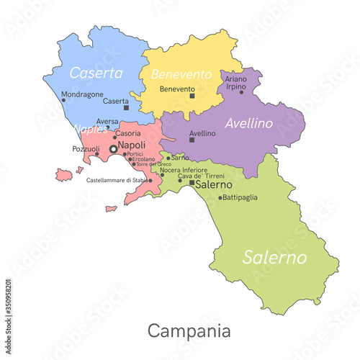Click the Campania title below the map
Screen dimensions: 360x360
[189, 331]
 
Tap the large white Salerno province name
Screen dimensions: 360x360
[274, 257]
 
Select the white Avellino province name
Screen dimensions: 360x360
[248, 123]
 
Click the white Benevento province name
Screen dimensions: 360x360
[181, 74]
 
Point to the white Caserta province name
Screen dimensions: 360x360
[95, 73]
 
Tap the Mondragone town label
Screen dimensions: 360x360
[83, 94]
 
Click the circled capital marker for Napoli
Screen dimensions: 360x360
[113, 148]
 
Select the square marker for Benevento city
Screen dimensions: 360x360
[192, 95]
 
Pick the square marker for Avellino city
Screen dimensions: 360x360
[192, 140]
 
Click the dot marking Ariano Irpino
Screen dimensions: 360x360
[241, 92]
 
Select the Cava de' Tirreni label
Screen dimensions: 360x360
[201, 176]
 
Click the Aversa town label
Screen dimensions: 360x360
[107, 122]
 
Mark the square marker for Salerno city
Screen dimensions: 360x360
[192, 183]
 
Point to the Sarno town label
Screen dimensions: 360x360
[180, 157]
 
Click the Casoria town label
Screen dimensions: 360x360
[128, 134]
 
